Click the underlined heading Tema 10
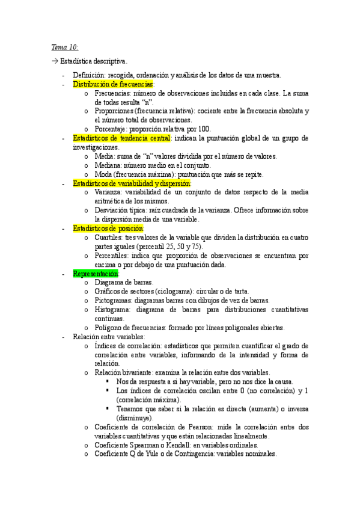point(63,46)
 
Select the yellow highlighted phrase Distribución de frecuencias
point(113,85)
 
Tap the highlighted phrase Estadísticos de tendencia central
point(121,138)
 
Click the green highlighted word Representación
point(96,274)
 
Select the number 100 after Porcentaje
point(204,129)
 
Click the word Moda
point(103,174)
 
